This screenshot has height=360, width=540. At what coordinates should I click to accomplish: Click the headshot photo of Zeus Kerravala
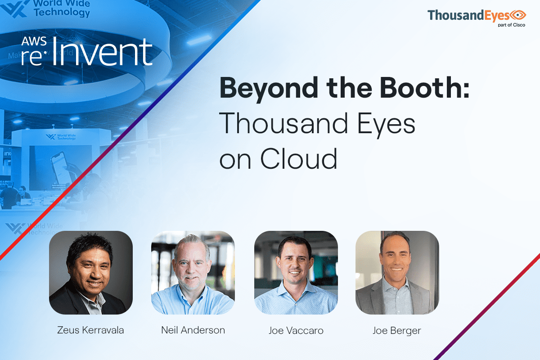tap(91, 273)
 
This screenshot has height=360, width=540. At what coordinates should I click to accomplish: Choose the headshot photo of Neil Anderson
tap(193, 273)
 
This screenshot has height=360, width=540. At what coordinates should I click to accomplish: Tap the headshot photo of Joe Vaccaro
tap(296, 273)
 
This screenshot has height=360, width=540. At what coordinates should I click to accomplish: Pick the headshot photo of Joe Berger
tap(397, 273)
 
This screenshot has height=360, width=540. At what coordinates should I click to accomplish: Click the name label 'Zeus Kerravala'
tap(90, 330)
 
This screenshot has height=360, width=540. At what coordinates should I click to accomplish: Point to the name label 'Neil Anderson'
tap(193, 330)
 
